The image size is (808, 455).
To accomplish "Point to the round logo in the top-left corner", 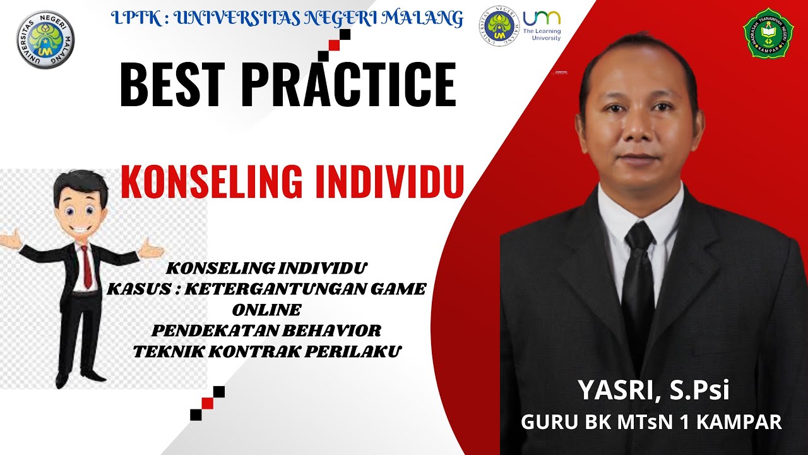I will (x=44, y=39).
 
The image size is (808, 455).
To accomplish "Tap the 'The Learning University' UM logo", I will (x=541, y=25).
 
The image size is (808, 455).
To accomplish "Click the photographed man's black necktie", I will (x=638, y=278).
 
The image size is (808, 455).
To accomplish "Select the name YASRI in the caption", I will (x=613, y=391).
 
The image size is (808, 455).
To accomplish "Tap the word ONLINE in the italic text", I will (x=266, y=310).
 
